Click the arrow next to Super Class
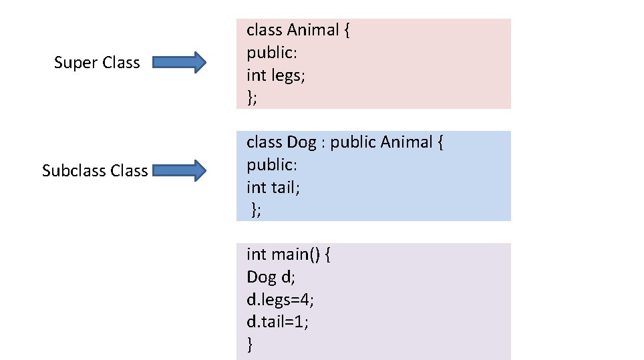coord(178,63)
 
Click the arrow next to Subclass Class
coord(178,171)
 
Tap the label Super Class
coord(97,63)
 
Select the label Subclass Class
coord(95,171)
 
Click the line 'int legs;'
coord(275,75)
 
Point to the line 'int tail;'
coord(273,188)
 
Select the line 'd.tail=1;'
coord(278,322)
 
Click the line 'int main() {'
coord(289,254)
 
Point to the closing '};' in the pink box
coord(252,98)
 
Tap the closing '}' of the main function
coord(250,345)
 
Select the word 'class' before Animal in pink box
coord(264,30)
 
